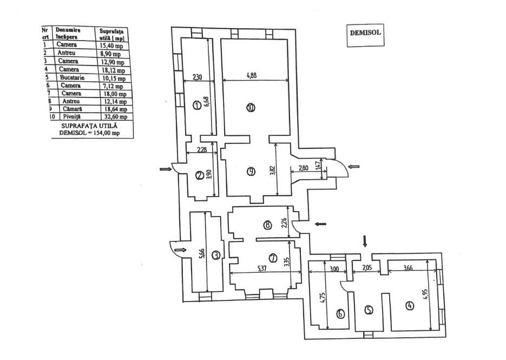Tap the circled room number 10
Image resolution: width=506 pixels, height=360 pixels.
tap(249, 107)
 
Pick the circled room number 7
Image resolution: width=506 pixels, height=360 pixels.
tap(273, 257)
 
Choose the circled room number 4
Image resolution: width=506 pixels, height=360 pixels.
tap(409, 305)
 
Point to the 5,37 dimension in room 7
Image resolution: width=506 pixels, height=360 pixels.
tap(263, 269)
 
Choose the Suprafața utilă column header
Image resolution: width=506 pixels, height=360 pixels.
tap(111, 34)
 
